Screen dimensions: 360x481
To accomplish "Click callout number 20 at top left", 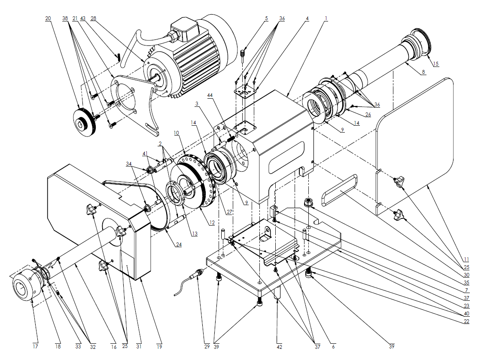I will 48,19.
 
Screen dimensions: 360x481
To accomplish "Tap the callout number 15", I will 435,64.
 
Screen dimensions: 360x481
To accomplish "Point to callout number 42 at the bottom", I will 280,346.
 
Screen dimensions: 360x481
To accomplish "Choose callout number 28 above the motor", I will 94,19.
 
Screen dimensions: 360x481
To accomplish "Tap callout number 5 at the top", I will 266,19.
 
